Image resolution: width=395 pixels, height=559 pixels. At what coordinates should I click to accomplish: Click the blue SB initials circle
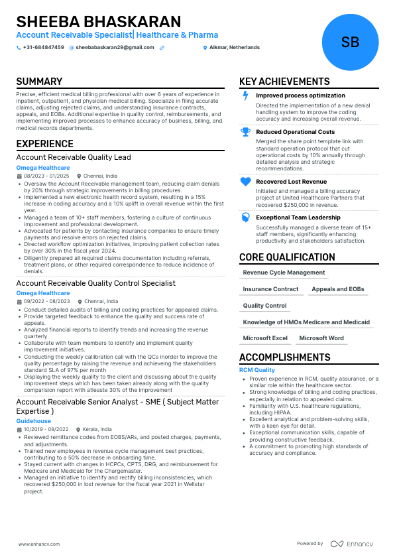click(349, 42)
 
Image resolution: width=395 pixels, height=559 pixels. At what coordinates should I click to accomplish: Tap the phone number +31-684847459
click(43, 48)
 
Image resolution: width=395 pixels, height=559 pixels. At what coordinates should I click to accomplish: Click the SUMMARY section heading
click(39, 82)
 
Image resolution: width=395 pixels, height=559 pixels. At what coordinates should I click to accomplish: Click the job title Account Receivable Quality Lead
click(74, 158)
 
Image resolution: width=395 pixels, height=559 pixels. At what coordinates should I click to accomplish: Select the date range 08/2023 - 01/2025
click(46, 176)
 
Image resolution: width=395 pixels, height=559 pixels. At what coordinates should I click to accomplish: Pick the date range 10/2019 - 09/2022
click(46, 430)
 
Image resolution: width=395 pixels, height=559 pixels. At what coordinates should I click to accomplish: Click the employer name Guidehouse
click(33, 421)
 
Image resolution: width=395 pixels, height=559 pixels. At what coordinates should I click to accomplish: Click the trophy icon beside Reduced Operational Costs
click(245, 132)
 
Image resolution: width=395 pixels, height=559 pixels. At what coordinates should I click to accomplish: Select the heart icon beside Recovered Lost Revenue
click(245, 182)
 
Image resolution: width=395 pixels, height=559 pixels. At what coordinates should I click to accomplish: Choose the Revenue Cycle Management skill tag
click(284, 273)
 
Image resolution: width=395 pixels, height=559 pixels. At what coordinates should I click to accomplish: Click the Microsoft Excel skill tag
click(265, 338)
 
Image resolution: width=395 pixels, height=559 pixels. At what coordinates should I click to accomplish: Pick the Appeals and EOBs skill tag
click(338, 289)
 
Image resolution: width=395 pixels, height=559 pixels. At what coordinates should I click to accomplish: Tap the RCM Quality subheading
click(256, 370)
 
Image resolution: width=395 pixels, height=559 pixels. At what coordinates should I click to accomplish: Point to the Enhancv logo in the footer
click(352, 544)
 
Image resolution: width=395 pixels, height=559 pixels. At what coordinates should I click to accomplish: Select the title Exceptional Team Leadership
click(298, 217)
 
